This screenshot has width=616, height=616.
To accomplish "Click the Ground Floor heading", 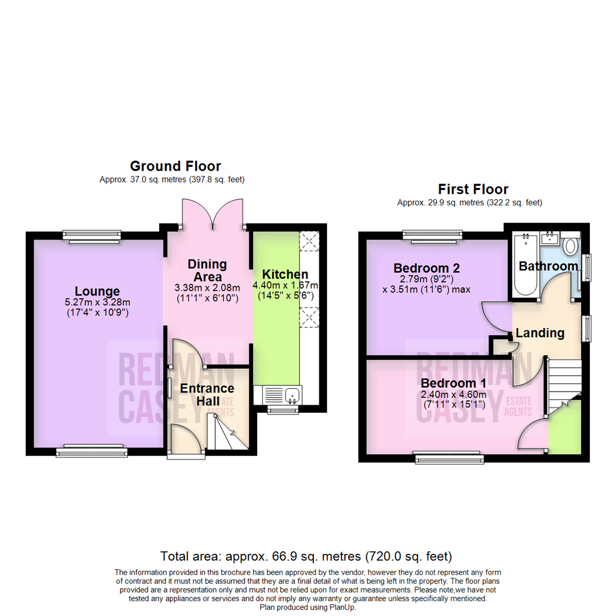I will coord(175,166).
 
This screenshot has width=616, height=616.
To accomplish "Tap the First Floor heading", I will coord(473,189).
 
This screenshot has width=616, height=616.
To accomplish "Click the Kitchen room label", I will coord(285,274).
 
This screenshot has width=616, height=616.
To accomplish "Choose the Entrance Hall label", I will coord(207,395).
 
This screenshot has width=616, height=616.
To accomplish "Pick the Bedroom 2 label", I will coord(427,268).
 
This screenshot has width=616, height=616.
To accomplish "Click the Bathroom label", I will coord(548,266).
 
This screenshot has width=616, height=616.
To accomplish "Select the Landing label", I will coord(540,333).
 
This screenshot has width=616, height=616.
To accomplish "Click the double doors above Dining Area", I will coord(213,214).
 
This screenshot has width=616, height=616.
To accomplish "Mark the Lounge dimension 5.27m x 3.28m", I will coord(96,302).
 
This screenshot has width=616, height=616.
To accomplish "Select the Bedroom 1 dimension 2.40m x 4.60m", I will coord(453,395).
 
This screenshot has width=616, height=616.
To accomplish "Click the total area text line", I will coord(306,555).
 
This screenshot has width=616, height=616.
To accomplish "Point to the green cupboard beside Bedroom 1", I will coord(565,427).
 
